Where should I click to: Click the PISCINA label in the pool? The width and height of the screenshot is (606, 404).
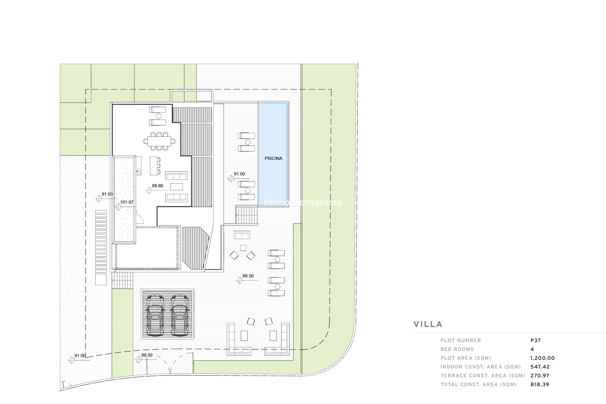(273, 158)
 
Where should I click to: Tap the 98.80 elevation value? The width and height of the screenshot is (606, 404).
(157, 186)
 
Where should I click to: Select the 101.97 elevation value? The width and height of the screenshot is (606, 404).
(126, 202)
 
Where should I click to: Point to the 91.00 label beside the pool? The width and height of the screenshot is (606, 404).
(239, 174)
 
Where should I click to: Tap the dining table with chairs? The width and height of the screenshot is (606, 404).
(159, 141)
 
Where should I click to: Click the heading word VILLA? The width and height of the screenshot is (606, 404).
(428, 324)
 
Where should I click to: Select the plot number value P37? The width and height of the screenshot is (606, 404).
(536, 340)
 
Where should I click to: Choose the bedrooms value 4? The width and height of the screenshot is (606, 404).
(532, 349)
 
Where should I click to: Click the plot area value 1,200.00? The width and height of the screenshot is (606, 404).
(543, 358)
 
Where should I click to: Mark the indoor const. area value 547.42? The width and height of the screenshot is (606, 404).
(540, 367)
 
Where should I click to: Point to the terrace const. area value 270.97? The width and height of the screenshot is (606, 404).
(540, 376)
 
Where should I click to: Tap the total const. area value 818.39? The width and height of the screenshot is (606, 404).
(540, 384)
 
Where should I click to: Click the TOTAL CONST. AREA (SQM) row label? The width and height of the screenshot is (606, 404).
(479, 384)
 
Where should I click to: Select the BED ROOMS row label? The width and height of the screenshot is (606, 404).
(457, 349)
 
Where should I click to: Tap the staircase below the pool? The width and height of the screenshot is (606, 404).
(247, 215)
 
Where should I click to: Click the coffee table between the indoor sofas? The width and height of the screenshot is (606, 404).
(176, 187)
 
